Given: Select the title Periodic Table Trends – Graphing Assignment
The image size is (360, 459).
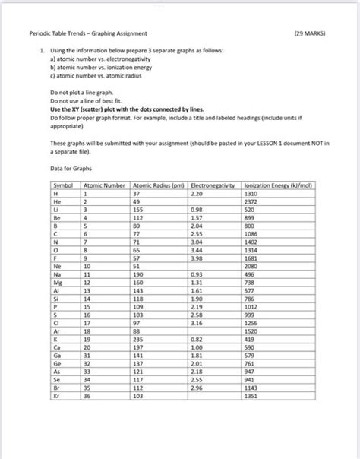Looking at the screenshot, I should (88, 33).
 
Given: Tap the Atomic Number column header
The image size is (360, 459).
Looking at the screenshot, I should (104, 185).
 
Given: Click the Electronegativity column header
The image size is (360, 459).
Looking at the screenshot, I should (213, 185).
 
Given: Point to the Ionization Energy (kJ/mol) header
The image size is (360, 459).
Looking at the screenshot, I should (279, 185).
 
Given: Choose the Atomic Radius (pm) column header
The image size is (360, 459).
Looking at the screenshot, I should (158, 185).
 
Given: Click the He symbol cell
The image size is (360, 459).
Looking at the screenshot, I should (58, 201).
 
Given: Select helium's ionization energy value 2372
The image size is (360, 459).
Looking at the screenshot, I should (251, 201).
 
